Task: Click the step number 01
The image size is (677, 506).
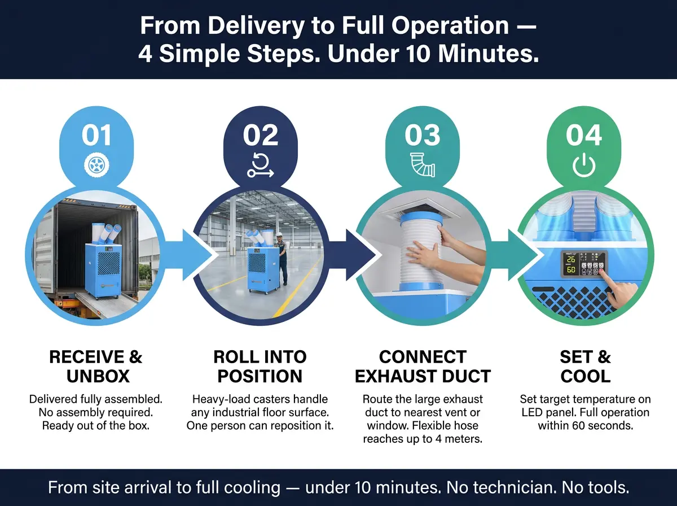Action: click(x=96, y=135)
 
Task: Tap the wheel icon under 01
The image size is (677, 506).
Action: click(x=96, y=165)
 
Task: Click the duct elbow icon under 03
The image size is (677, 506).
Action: click(x=423, y=165)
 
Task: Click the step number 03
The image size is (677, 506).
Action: click(x=422, y=135)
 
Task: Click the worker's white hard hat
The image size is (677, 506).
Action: click(x=279, y=234)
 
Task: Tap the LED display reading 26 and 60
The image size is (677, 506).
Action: click(x=570, y=264)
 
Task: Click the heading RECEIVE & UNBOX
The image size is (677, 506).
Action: click(x=96, y=367)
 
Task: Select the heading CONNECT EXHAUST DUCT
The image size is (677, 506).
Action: click(x=423, y=367)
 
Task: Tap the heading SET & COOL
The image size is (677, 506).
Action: click(x=586, y=367)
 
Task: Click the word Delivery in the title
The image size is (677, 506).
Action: click(x=256, y=26)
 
